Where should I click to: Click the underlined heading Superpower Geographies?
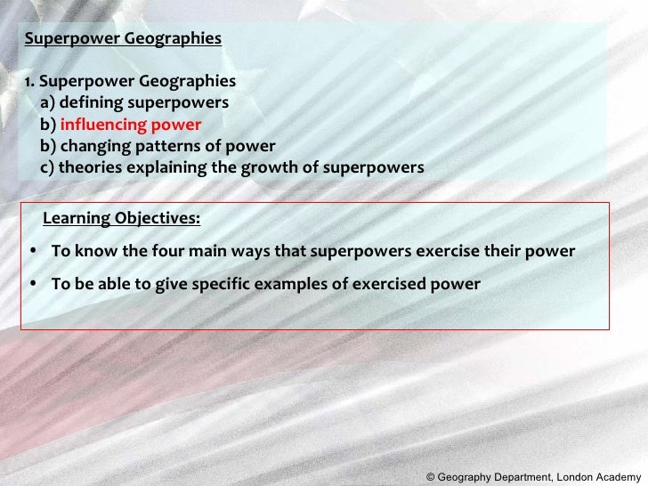(123, 39)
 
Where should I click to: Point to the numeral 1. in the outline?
(29, 82)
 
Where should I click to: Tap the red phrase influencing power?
(130, 125)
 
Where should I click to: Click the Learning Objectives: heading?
(121, 219)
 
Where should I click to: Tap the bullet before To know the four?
(33, 252)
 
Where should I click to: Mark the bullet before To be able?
(33, 285)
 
